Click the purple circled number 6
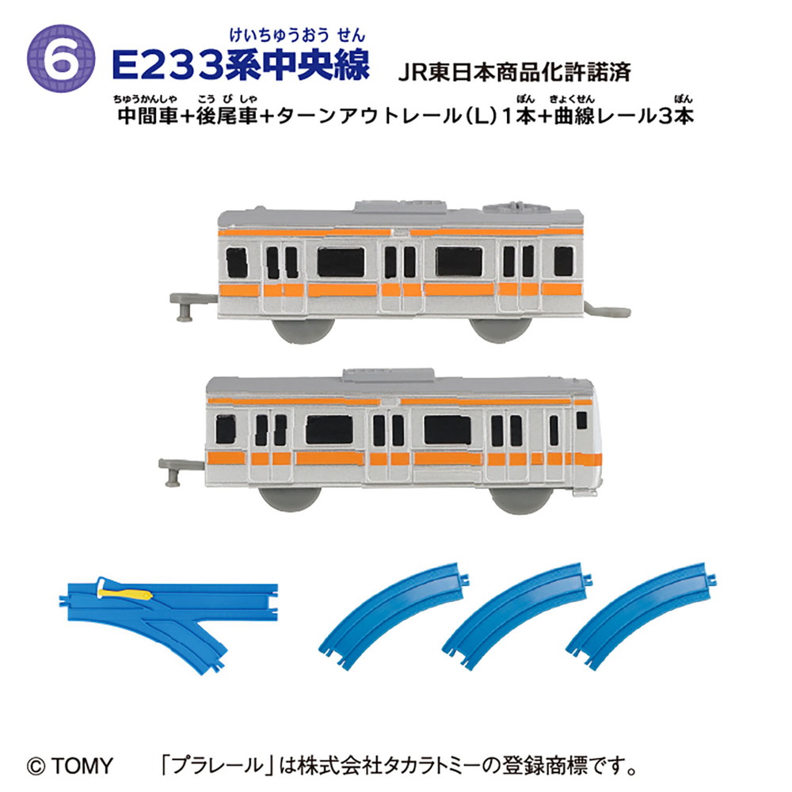click(61, 59)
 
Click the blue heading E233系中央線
click(241, 65)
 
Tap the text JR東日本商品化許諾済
click(515, 72)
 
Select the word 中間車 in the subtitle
click(148, 116)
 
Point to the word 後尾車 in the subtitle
click(227, 116)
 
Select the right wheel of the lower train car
click(522, 500)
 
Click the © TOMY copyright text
click(70, 766)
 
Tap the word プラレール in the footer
click(218, 766)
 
